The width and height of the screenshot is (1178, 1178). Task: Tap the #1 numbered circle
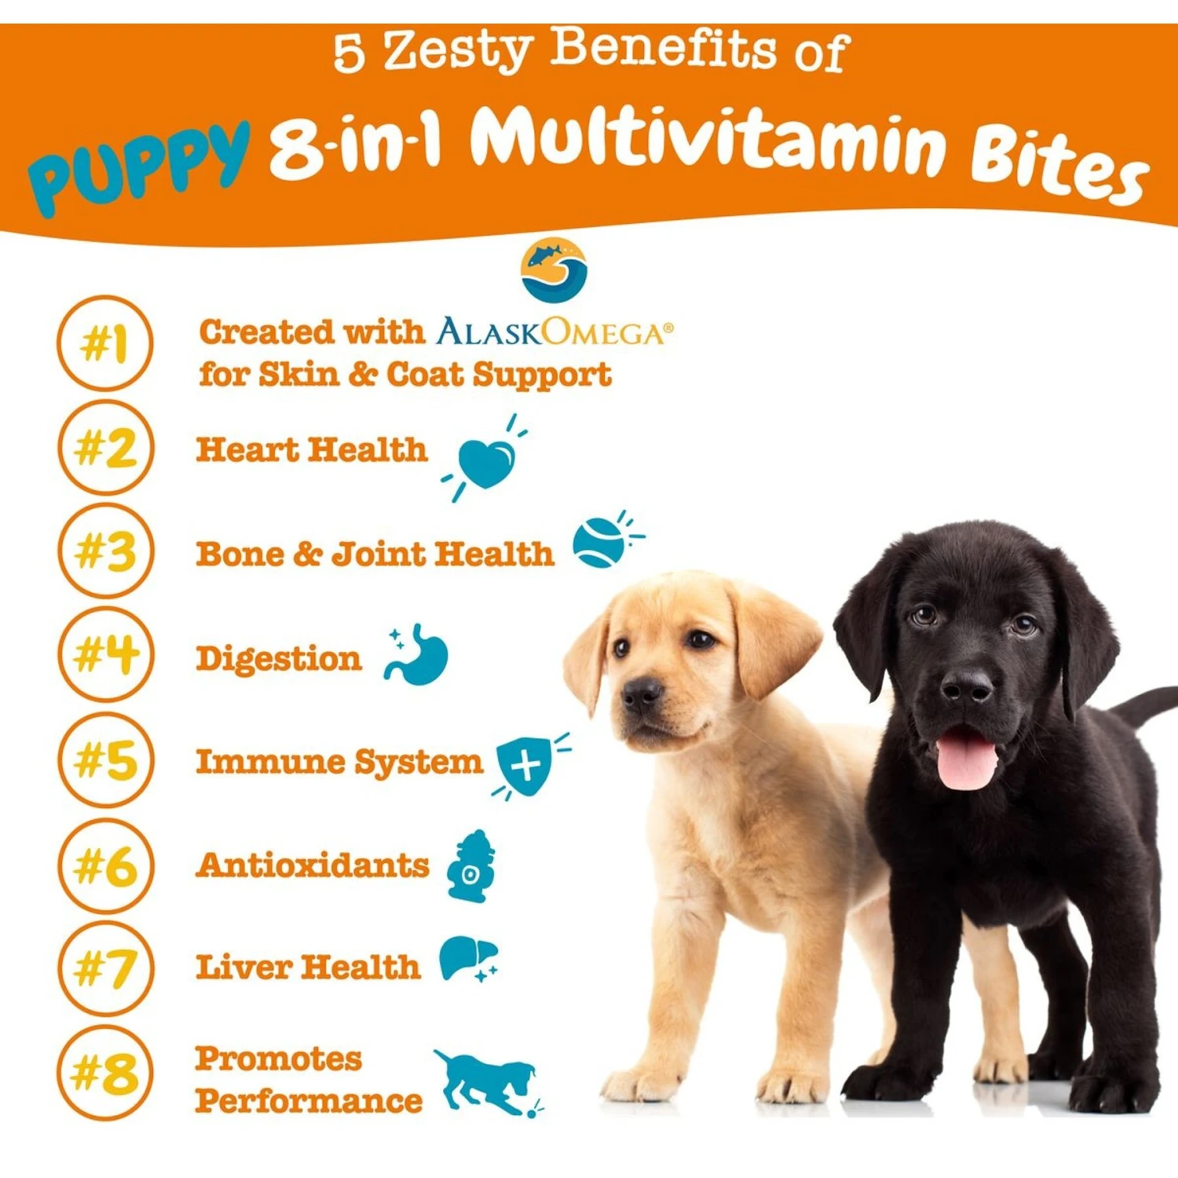(105, 343)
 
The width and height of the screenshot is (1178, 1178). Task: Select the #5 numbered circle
(105, 760)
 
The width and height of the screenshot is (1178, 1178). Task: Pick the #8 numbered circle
(105, 1073)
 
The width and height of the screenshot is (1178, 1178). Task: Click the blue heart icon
(486, 462)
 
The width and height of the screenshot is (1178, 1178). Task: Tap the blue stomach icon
(416, 655)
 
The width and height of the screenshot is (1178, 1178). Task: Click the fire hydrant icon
(471, 865)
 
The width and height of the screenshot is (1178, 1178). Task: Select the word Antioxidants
(313, 865)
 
